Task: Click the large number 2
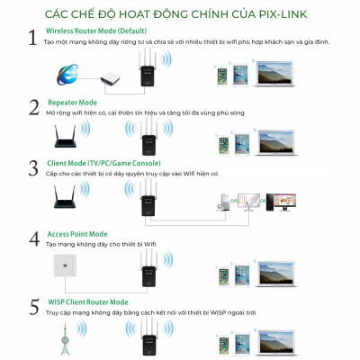[x=34, y=109]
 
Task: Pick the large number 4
[x=34, y=238]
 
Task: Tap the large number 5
[x=34, y=306]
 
